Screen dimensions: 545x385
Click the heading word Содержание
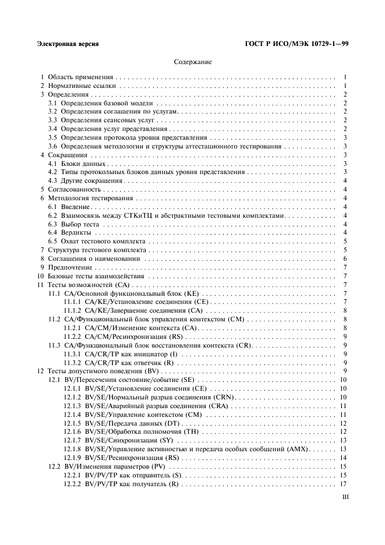[192, 61]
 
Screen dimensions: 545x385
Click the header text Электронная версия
[67, 44]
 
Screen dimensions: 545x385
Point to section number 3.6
[52, 146]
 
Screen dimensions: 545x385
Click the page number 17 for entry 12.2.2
[344, 484]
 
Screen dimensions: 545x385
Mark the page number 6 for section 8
[345, 258]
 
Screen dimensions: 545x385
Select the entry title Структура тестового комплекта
[93, 249]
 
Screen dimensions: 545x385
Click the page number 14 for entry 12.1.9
[344, 458]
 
